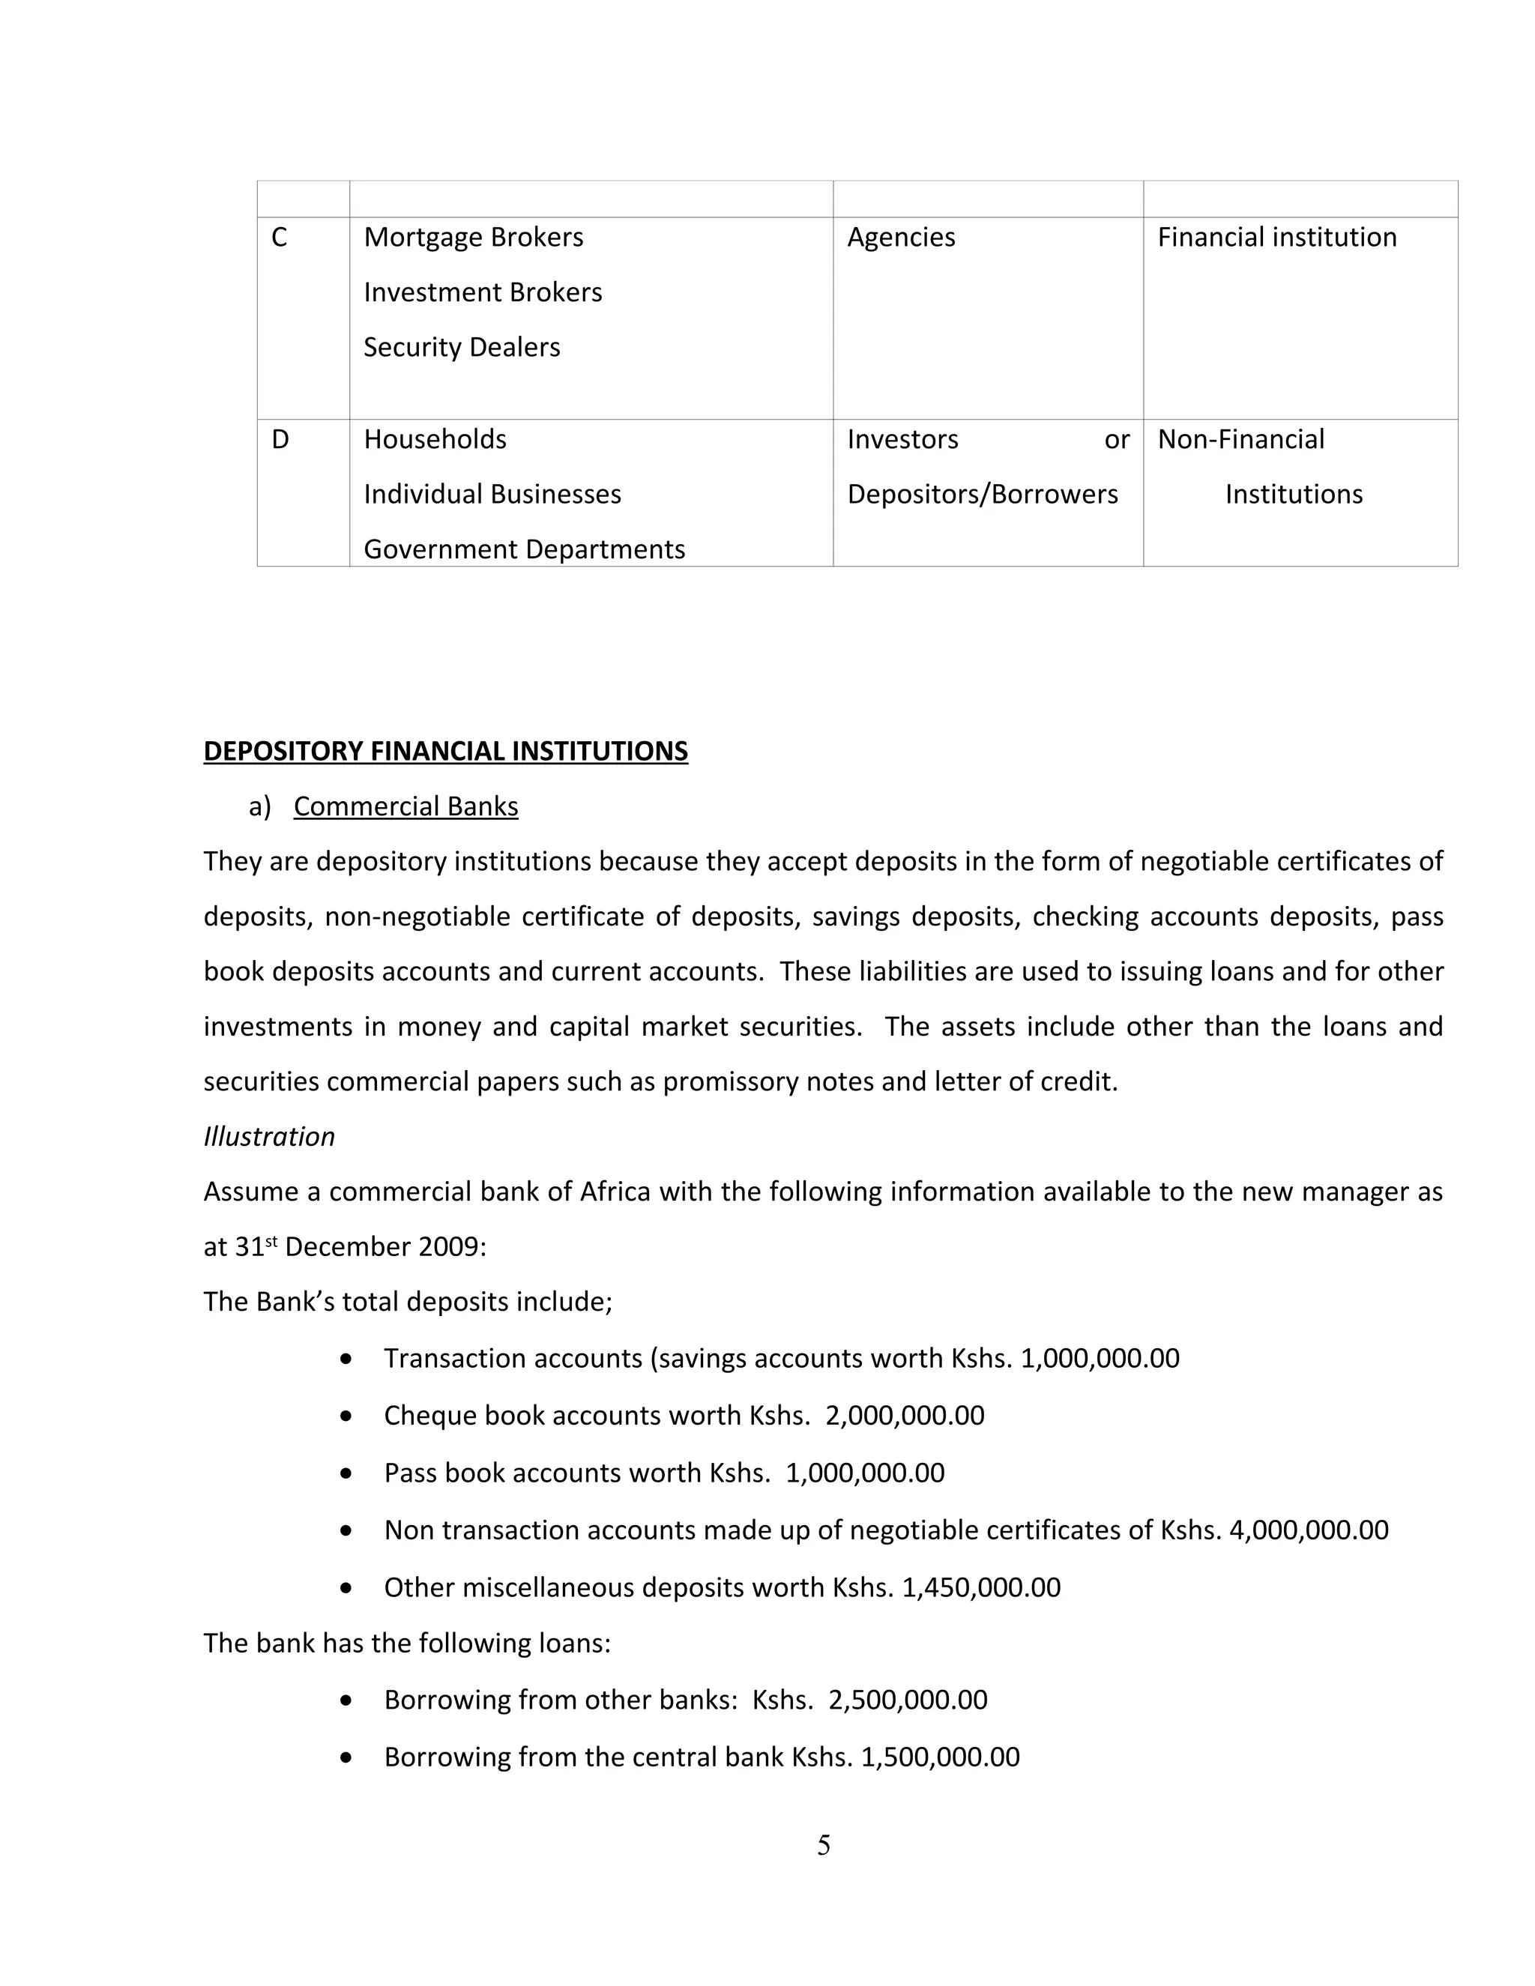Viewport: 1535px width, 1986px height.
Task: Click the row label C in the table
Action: tap(279, 238)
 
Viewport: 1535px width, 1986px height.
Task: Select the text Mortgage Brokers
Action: tap(473, 238)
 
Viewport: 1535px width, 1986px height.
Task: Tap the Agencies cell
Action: tap(900, 238)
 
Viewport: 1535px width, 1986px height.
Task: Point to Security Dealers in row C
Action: tap(461, 348)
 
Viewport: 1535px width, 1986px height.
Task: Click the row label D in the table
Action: tap(280, 439)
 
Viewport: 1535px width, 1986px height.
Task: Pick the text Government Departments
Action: tap(524, 549)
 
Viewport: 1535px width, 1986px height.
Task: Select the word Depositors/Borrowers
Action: tap(982, 494)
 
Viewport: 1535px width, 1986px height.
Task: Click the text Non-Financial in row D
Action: tap(1240, 439)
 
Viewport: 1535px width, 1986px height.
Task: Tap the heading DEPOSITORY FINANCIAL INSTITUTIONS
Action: tap(446, 751)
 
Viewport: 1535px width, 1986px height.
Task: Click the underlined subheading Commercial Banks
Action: tap(405, 806)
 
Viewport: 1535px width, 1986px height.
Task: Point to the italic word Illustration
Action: tap(269, 1137)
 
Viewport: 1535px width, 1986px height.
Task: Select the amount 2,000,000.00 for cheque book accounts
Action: tap(905, 1416)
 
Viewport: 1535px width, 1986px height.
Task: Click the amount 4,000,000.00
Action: tap(1309, 1530)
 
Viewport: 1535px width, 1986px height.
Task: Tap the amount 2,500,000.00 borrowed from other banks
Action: tap(908, 1700)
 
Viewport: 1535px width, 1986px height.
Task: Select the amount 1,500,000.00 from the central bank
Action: tap(941, 1757)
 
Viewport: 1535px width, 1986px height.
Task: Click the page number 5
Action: tap(824, 1845)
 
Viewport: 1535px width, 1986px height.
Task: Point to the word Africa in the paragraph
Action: tap(615, 1192)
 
